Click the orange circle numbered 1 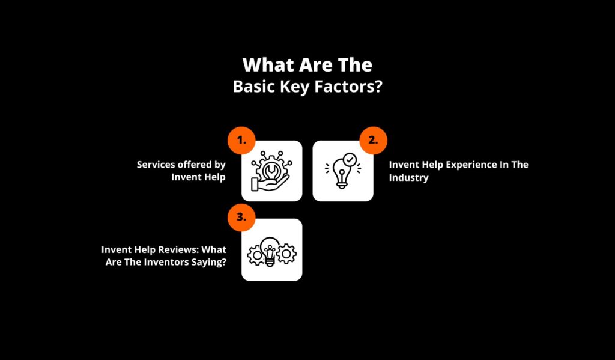pos(241,140)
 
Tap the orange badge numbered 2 pos(374,140)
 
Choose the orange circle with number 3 pos(241,217)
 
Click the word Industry pos(408,177)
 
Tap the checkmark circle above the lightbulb pos(350,160)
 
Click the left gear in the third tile pos(256,255)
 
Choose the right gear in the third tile pos(286,254)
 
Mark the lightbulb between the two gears pos(270,252)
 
